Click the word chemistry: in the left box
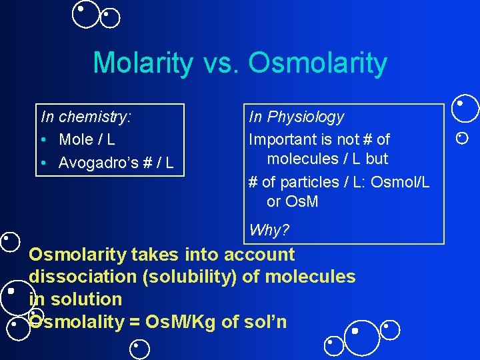pos(95,117)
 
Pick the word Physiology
pos(305,117)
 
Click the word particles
pos(308,182)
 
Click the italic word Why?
pos(269,231)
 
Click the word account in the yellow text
pos(260,255)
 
